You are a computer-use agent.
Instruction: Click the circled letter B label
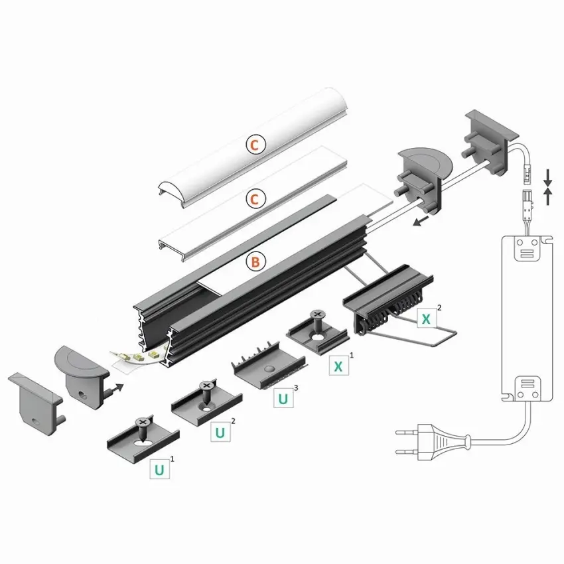255,261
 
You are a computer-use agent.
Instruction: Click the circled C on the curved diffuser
255,145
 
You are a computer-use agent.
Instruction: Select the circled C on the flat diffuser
255,199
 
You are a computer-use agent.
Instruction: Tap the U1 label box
159,469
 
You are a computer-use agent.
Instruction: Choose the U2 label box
220,432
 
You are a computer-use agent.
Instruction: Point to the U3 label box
283,398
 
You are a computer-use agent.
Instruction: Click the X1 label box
338,366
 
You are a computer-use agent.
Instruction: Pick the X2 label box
427,318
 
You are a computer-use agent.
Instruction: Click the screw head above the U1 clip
143,422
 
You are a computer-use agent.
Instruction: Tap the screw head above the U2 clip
206,386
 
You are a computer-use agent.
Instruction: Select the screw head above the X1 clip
317,315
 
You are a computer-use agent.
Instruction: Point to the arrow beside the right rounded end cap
421,221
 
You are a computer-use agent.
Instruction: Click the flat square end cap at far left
35,403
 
